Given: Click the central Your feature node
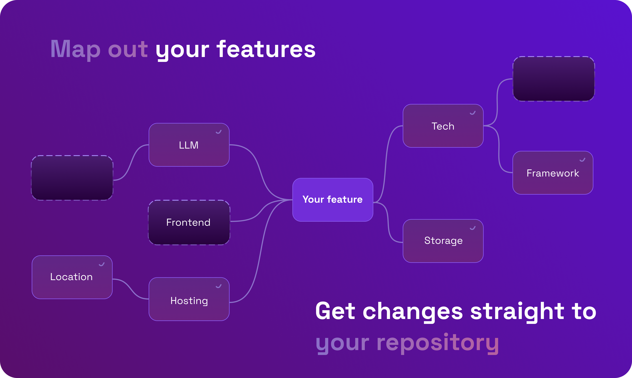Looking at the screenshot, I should coord(333,200).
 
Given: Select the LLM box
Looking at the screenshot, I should coord(189,145).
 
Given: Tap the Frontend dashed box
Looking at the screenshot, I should coord(189,222).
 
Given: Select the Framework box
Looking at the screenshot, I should coord(553,173).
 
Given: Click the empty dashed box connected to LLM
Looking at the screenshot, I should coord(72,178).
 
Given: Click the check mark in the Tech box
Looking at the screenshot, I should coord(473,113).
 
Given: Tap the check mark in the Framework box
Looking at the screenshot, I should coord(582,160).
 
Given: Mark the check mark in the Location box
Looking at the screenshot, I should coord(102,264).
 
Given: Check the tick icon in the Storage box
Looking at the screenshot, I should coord(473,228).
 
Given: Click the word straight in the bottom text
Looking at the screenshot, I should coord(517,311).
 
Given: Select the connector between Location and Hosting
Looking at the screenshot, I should coord(130,289).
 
